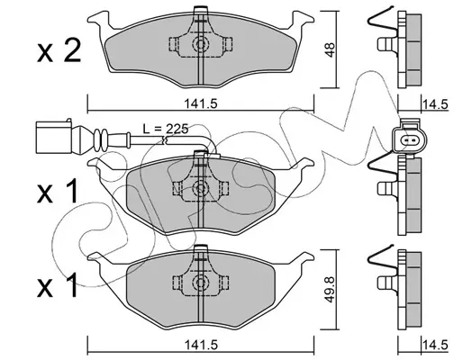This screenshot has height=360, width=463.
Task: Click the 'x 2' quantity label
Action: click(x=59, y=51)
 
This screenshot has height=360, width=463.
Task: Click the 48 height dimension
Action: click(x=331, y=49)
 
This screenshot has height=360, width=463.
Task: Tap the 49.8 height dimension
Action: click(x=331, y=290)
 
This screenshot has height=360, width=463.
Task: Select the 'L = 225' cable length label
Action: click(x=165, y=129)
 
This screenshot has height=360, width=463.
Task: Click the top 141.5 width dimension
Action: click(x=200, y=103)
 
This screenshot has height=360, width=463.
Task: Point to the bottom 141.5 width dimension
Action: click(x=200, y=345)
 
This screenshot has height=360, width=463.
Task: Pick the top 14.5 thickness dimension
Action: click(x=435, y=104)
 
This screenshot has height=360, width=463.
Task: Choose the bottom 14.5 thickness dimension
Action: click(x=435, y=345)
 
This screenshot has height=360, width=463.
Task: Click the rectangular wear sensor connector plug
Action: click(x=53, y=137)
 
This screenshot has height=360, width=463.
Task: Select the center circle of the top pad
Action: click(x=199, y=44)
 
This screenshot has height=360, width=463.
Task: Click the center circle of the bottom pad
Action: click(x=199, y=283)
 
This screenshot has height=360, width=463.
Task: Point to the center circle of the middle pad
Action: click(x=199, y=188)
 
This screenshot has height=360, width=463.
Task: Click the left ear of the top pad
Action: click(x=97, y=20)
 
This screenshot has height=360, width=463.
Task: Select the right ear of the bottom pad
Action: click(x=304, y=258)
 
